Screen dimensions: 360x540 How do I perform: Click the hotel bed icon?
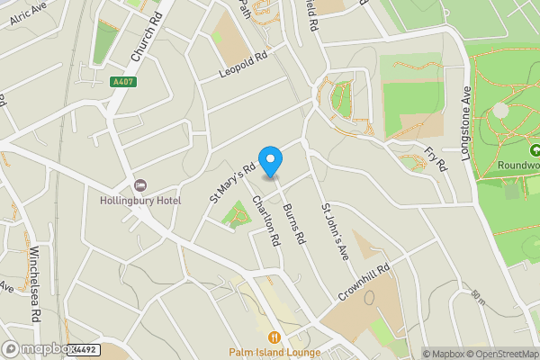point(138,184)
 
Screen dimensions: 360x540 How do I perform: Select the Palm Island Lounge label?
point(274,352)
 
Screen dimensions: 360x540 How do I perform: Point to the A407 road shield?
point(123,82)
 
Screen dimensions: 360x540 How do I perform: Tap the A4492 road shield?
point(84,349)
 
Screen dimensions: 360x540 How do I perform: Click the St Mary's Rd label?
point(227,181)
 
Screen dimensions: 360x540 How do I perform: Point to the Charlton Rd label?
point(266,220)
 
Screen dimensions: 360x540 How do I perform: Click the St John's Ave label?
point(335,233)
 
